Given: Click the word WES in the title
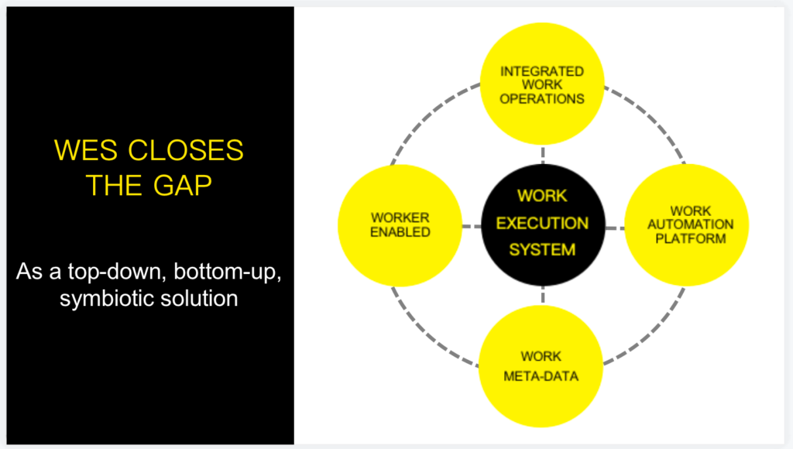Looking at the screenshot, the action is pyautogui.click(x=85, y=150).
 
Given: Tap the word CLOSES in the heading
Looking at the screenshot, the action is pyautogui.click(x=186, y=150).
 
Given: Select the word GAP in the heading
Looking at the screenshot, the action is pyautogui.click(x=183, y=185).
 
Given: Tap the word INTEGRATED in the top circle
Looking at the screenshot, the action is pyautogui.click(x=542, y=71).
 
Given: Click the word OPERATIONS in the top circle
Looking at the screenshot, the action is pyautogui.click(x=542, y=98).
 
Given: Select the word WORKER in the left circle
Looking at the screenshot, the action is pyautogui.click(x=400, y=218).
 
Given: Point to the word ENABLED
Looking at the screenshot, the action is pyautogui.click(x=400, y=231).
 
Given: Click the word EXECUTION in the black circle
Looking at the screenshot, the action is pyautogui.click(x=542, y=223).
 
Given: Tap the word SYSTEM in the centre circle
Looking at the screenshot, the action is pyautogui.click(x=542, y=249).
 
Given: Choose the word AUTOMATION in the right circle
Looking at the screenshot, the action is pyautogui.click(x=690, y=224).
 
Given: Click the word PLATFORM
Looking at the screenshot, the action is pyautogui.click(x=690, y=238).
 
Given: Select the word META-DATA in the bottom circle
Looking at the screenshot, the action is pyautogui.click(x=541, y=376).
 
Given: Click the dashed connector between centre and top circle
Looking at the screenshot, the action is pyautogui.click(x=543, y=155).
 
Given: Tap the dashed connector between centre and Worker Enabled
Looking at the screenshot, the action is pyautogui.click(x=472, y=226).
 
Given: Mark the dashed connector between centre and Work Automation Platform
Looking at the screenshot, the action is pyautogui.click(x=614, y=228).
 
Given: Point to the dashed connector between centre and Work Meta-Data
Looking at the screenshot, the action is pyautogui.click(x=543, y=295).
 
